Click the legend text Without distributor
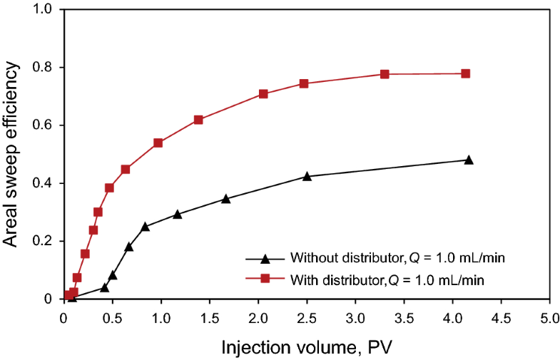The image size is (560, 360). pyautogui.click(x=343, y=258)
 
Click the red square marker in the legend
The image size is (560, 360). pyautogui.click(x=265, y=279)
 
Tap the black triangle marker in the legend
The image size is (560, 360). pyautogui.click(x=265, y=258)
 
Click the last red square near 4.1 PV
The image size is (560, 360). pyautogui.click(x=465, y=73)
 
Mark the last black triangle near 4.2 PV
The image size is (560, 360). pyautogui.click(x=469, y=160)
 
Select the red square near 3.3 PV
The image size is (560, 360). pyautogui.click(x=385, y=74)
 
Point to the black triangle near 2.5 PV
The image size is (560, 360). pyautogui.click(x=307, y=176)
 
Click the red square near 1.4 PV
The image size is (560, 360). pyautogui.click(x=198, y=120)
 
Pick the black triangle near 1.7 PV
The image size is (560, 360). pyautogui.click(x=226, y=199)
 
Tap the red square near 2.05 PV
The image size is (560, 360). pyautogui.click(x=263, y=94)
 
